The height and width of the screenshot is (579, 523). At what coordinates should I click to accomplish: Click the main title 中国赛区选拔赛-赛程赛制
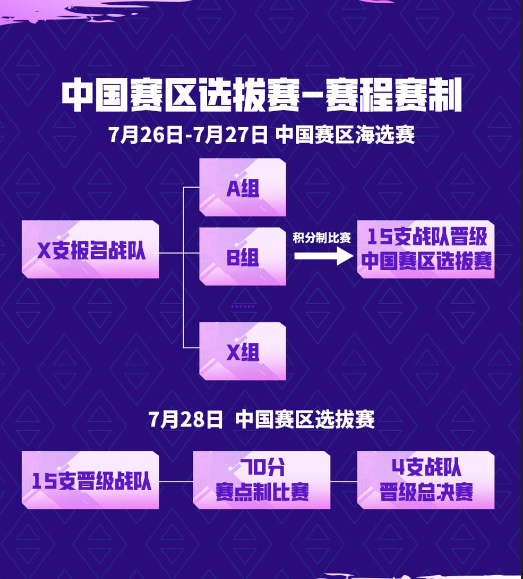coord(261,96)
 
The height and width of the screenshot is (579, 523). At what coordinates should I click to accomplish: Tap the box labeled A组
coord(243,187)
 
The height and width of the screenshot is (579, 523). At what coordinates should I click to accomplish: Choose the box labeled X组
coord(243,351)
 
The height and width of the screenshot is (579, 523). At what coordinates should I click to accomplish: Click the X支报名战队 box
coord(90,249)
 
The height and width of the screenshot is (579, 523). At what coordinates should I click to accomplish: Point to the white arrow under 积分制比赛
coord(323,256)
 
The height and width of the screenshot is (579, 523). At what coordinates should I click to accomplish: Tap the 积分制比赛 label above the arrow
coord(322,238)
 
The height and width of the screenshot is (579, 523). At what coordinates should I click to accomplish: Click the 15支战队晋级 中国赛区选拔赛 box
coord(426,249)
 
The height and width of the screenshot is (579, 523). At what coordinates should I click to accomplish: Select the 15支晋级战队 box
coord(90,480)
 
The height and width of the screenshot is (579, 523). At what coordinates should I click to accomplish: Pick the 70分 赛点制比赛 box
coord(262,480)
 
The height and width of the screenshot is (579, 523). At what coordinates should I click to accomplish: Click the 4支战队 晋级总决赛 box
coord(426,480)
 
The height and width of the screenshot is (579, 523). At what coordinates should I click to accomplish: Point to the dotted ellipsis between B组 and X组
coord(243,307)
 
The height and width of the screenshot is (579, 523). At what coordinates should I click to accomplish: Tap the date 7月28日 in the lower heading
coord(185,420)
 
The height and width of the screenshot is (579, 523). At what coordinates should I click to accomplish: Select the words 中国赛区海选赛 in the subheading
coord(345,135)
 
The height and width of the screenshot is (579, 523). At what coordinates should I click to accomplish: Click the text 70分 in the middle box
coord(262,468)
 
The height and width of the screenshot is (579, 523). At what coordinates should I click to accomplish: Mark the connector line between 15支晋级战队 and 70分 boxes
coord(176,482)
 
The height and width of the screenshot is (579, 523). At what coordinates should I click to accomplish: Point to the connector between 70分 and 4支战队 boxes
coord(344,482)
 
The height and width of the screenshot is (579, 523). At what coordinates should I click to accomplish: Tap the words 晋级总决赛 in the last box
coord(426,492)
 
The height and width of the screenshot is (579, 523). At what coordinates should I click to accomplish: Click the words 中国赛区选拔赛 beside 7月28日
coord(305,420)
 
